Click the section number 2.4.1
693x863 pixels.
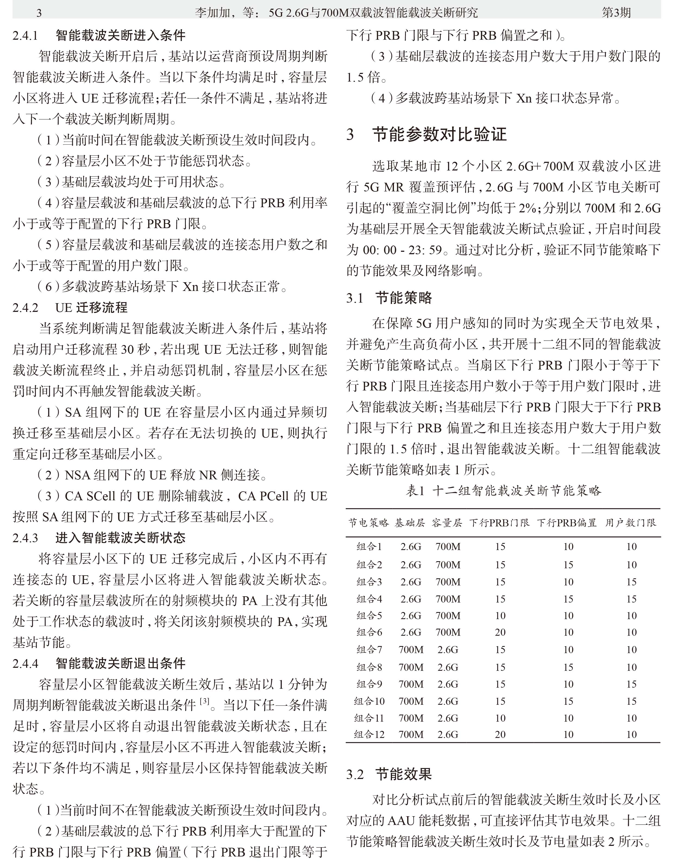point(25,36)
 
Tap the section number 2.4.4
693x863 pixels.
point(25,663)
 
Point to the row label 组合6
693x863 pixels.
point(369,632)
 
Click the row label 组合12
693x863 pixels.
point(369,734)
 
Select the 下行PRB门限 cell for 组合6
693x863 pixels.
point(500,632)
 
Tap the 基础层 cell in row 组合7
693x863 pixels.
point(411,649)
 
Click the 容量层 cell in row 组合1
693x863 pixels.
point(448,547)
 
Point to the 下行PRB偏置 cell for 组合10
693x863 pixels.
point(568,701)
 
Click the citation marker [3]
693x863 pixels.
point(204,701)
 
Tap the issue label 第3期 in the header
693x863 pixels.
point(616,13)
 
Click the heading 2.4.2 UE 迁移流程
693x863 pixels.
point(70,308)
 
